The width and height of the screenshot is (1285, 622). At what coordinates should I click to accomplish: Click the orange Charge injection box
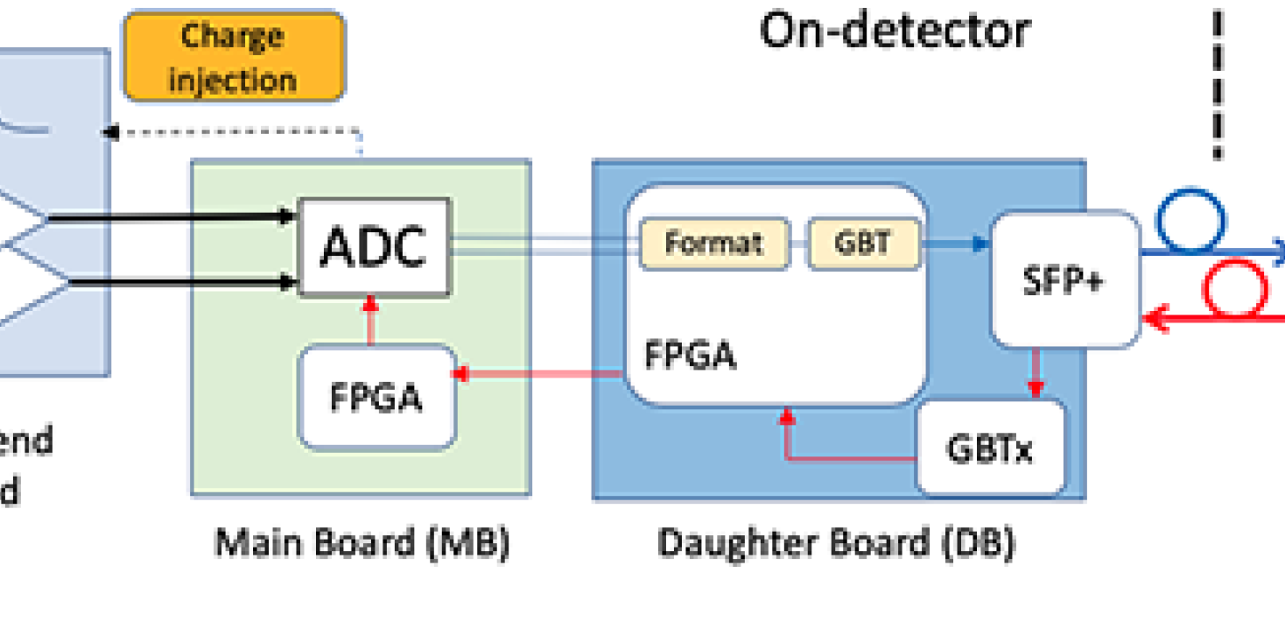point(234,57)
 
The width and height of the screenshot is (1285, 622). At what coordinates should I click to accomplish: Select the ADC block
point(374,247)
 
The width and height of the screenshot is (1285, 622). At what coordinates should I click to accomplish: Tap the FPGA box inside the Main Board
point(376,397)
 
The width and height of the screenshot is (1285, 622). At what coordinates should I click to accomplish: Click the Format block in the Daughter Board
point(713,243)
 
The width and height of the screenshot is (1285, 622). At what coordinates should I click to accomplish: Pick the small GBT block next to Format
point(862,243)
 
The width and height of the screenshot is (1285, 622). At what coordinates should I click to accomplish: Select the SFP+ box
point(1064,279)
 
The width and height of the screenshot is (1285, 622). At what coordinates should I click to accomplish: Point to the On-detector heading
point(894,31)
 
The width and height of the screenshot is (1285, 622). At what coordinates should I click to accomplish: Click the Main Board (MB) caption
point(362,543)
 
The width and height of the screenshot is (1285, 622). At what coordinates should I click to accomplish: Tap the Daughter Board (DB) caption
point(836,543)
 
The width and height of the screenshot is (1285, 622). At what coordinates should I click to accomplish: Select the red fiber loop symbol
point(1235,289)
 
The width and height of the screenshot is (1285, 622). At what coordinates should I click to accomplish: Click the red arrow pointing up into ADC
point(370,320)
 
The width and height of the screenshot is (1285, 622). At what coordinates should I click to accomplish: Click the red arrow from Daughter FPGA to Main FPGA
point(538,374)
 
